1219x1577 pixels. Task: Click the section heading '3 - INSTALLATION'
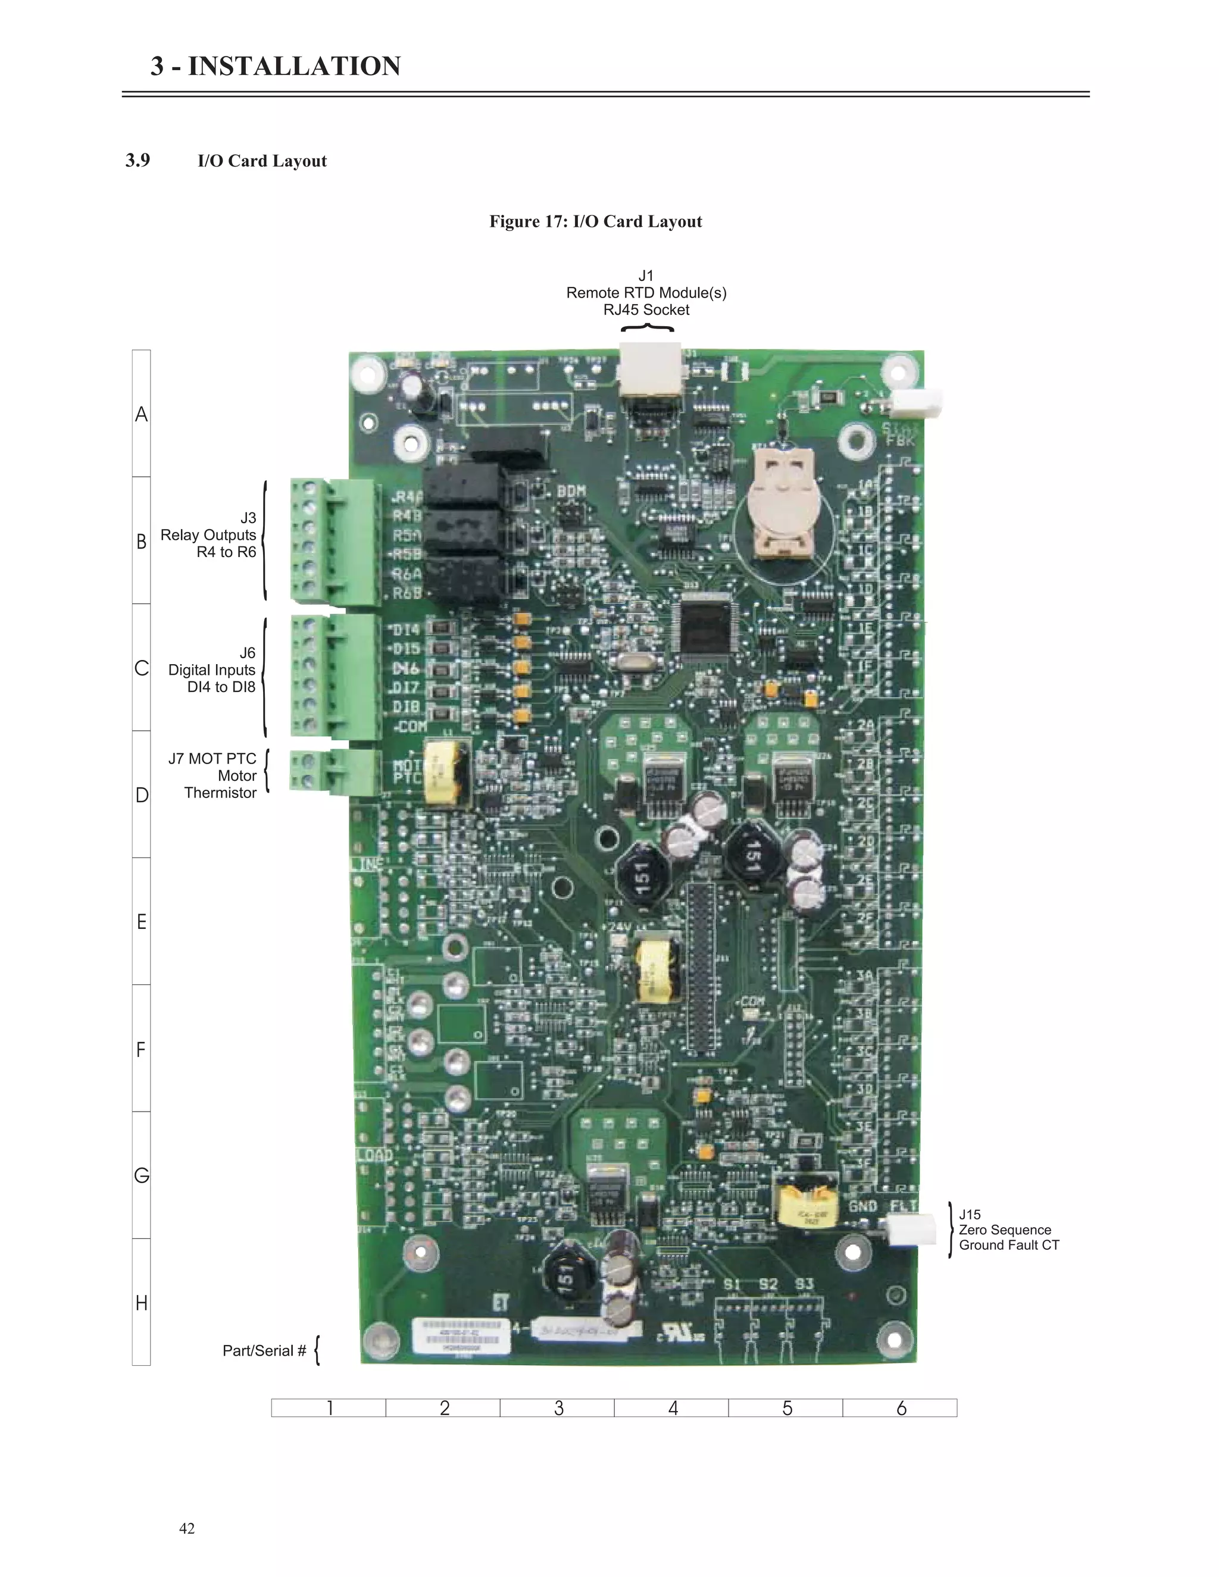click(275, 67)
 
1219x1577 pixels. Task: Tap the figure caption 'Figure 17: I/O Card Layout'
click(595, 222)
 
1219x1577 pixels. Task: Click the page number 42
click(187, 1528)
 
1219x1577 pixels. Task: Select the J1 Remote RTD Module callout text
click(646, 292)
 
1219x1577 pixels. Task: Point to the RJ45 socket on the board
click(649, 372)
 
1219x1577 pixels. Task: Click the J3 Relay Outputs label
click(209, 535)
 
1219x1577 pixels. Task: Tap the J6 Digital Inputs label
click(212, 670)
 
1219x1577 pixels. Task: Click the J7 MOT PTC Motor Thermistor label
click(213, 775)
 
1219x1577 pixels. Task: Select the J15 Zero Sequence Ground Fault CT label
click(1008, 1229)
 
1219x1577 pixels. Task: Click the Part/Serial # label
click(264, 1350)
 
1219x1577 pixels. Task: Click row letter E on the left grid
click(142, 921)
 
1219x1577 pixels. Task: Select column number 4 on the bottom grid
click(673, 1407)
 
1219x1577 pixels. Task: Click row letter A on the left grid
click(142, 414)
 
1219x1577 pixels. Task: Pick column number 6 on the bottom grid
click(901, 1407)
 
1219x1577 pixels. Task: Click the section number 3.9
click(138, 160)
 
